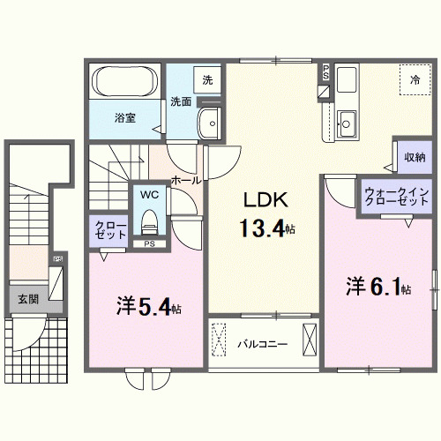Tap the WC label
pos(148,194)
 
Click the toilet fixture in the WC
pos(148,219)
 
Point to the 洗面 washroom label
pos(182,101)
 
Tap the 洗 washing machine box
pos(207,79)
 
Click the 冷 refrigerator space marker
pos(415,80)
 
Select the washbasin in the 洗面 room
pos(209,124)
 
